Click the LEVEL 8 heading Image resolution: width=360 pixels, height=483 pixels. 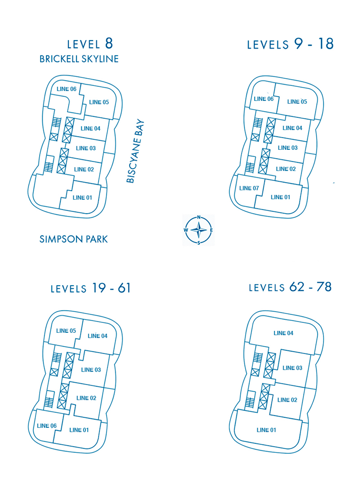pyautogui.click(x=90, y=44)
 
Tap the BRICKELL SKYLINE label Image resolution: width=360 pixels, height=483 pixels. pyautogui.click(x=79, y=59)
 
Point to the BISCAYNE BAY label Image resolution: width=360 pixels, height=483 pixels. pyautogui.click(x=135, y=151)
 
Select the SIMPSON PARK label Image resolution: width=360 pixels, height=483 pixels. pyautogui.click(x=74, y=239)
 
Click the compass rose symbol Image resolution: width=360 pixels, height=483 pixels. pyautogui.click(x=199, y=230)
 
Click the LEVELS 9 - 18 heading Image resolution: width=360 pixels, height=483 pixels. pyautogui.click(x=290, y=44)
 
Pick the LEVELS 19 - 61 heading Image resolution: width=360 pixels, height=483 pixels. pyautogui.click(x=90, y=288)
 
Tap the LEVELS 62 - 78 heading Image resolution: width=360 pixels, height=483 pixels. pyautogui.click(x=290, y=287)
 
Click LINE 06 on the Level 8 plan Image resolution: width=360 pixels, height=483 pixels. pyautogui.click(x=66, y=89)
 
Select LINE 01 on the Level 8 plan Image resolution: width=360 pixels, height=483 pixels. pyautogui.click(x=82, y=198)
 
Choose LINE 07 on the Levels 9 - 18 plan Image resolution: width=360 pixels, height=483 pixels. pyautogui.click(x=249, y=188)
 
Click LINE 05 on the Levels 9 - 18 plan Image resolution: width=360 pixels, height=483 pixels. pyautogui.click(x=297, y=102)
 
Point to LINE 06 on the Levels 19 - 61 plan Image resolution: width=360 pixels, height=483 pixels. pyautogui.click(x=47, y=426)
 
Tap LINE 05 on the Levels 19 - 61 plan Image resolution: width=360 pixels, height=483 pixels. pyautogui.click(x=66, y=331)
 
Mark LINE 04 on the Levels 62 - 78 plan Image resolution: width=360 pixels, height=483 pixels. pyautogui.click(x=283, y=333)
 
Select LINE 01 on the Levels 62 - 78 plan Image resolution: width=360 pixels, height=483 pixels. pyautogui.click(x=266, y=430)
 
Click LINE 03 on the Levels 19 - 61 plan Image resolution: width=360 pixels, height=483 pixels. pyautogui.click(x=91, y=370)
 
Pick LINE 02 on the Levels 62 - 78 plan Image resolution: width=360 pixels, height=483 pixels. pyautogui.click(x=287, y=400)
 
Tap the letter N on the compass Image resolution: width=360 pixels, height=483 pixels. pyautogui.click(x=199, y=217)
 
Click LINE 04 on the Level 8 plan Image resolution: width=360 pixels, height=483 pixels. pyautogui.click(x=90, y=129)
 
